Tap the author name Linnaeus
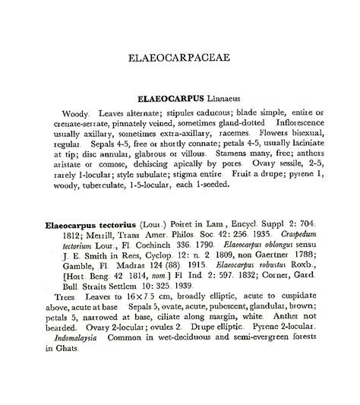(223, 99)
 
